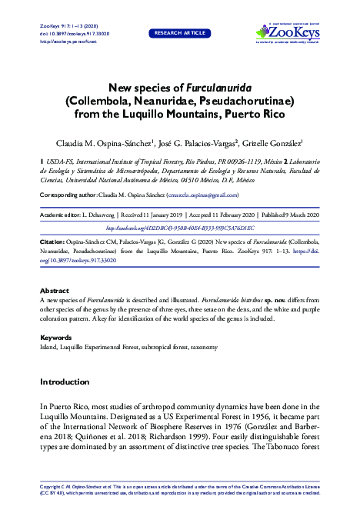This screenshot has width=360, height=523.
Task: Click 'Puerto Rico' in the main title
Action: pos(252,113)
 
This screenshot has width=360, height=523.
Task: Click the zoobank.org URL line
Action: pos(179,228)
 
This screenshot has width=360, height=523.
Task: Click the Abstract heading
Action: pos(54,291)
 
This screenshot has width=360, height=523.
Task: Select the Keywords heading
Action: pos(56,337)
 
